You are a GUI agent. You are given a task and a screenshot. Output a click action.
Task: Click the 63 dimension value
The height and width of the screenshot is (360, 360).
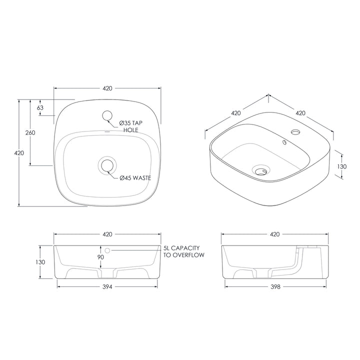pos(40,107)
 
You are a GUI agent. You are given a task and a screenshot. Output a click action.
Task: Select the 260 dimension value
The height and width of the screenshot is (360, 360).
pos(29,132)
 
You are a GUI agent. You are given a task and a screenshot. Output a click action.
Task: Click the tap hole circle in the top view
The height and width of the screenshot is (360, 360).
pos(107,116)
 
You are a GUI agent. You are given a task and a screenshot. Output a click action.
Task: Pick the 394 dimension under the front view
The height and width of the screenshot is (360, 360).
pos(107,287)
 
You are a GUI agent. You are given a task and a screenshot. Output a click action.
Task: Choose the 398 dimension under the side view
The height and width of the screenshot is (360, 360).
pos(274,287)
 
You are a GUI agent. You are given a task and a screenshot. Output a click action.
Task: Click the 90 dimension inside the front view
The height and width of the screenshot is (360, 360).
pos(101,257)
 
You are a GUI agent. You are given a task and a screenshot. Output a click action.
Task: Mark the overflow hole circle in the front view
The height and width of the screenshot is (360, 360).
pos(107,249)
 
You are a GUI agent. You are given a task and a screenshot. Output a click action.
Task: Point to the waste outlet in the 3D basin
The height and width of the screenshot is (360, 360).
pos(259,170)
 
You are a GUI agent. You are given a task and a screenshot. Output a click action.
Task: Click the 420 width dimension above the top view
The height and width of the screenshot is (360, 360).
pos(107,88)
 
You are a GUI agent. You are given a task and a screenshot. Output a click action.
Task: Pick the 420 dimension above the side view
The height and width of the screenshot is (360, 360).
pos(274,234)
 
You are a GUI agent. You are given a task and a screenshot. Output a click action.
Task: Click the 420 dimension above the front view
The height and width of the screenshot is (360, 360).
pos(107,234)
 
